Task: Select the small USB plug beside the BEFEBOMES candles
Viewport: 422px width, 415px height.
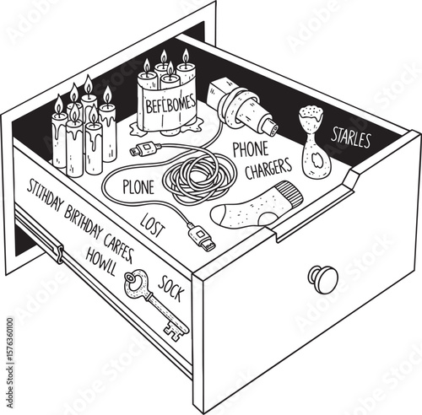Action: click(140, 153)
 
